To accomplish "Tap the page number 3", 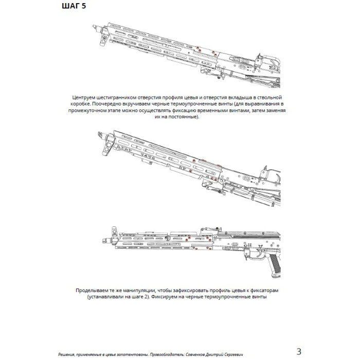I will [x=299, y=352].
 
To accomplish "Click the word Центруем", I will [x=85, y=97].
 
